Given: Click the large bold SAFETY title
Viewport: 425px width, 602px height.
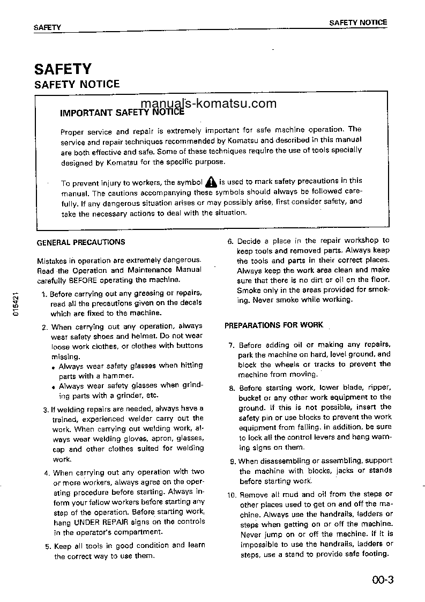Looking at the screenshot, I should (x=63, y=69).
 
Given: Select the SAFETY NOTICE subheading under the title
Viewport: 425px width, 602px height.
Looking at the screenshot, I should (x=77, y=84).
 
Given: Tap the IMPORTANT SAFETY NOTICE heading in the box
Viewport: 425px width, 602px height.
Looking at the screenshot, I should (x=122, y=113).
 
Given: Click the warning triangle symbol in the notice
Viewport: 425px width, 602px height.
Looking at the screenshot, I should (x=211, y=182).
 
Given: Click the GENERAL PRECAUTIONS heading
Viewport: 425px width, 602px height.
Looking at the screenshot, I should (x=81, y=242).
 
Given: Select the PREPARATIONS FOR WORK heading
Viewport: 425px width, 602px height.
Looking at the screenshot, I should (x=274, y=325).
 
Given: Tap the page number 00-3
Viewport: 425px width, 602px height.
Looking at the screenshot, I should (x=382, y=579).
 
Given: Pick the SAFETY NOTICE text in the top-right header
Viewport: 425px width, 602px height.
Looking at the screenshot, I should (x=357, y=23).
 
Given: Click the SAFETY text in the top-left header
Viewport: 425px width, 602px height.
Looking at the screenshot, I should (x=47, y=27).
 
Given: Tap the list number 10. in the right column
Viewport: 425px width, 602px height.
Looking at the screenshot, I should (x=231, y=495).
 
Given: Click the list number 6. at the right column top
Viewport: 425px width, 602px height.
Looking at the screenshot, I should (x=231, y=241).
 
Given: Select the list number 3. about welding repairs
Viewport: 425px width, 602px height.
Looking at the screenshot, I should (x=46, y=410).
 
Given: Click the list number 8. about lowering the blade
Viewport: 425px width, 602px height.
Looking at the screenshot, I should (x=232, y=388).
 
